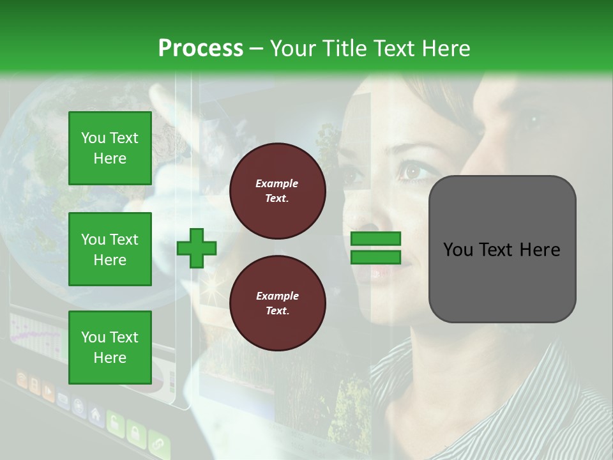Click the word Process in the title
click(x=201, y=48)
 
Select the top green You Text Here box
click(x=110, y=148)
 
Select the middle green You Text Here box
click(x=110, y=249)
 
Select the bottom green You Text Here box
click(x=110, y=347)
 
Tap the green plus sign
click(x=197, y=248)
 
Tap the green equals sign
click(x=376, y=248)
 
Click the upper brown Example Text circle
click(x=277, y=190)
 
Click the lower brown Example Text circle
click(x=277, y=303)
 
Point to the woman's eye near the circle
click(x=411, y=171)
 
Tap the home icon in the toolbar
click(x=95, y=415)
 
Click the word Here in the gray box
click(x=540, y=250)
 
